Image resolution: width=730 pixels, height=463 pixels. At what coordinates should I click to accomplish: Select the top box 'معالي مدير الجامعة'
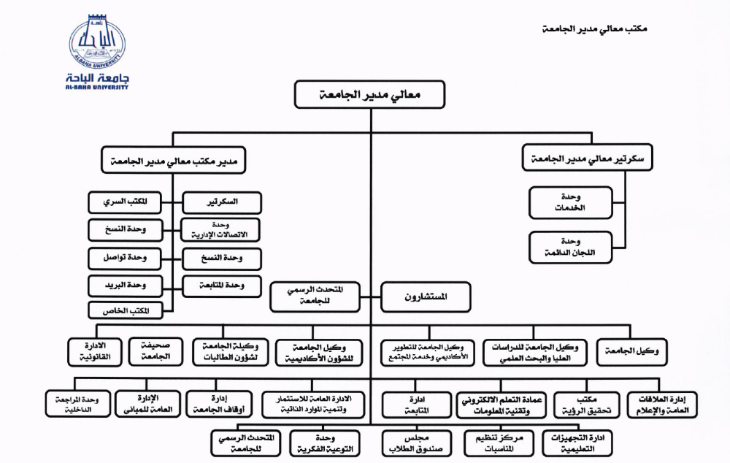tap(370, 95)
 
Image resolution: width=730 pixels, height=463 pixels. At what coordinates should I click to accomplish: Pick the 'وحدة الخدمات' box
tap(571, 202)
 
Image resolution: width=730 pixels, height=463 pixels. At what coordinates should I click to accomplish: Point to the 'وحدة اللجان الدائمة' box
tap(571, 247)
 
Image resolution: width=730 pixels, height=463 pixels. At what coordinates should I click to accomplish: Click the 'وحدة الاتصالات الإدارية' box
tap(221, 229)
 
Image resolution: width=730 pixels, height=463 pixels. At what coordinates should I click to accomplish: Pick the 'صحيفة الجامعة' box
tap(155, 351)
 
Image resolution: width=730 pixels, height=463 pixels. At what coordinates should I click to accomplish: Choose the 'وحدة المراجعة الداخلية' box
tap(77, 405)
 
